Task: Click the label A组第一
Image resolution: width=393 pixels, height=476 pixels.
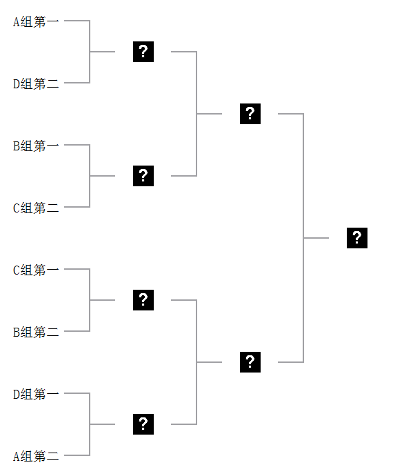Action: tap(36, 22)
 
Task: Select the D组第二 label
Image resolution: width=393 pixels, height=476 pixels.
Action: tap(36, 83)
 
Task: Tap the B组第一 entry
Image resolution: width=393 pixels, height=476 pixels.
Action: tap(36, 146)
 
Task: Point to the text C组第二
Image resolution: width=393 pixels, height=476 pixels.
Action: tap(36, 208)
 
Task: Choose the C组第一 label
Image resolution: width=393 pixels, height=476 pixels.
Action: tap(36, 270)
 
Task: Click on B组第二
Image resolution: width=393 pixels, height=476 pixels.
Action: tap(36, 332)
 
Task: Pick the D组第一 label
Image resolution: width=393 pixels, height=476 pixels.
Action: tap(36, 395)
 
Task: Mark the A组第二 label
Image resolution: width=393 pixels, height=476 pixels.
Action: tap(36, 456)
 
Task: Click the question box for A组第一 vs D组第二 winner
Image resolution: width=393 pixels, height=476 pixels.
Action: tap(143, 52)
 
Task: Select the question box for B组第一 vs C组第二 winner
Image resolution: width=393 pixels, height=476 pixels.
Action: tap(143, 176)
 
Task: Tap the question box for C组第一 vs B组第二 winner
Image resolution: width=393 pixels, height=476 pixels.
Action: tap(143, 300)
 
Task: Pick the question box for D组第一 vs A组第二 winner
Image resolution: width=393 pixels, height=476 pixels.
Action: tap(143, 424)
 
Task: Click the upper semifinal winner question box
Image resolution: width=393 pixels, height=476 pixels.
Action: tap(250, 114)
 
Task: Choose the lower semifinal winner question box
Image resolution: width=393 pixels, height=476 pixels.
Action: tap(250, 362)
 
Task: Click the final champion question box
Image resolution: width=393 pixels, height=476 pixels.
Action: tap(357, 238)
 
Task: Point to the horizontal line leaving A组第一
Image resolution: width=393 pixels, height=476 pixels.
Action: tap(77, 21)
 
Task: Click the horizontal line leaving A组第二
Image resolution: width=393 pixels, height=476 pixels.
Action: tap(77, 455)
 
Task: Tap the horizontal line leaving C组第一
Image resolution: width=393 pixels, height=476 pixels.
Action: tap(77, 269)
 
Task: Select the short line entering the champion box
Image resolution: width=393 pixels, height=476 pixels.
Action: tap(316, 238)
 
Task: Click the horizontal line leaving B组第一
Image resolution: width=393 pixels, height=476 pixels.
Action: tap(77, 145)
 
